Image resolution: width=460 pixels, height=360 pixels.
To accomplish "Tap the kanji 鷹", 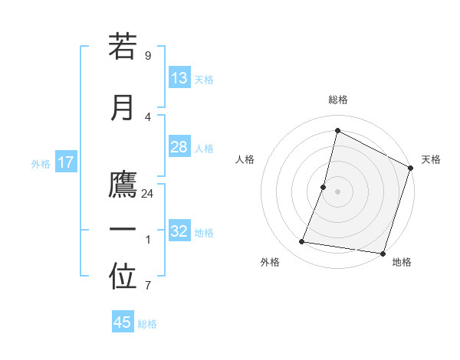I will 123,185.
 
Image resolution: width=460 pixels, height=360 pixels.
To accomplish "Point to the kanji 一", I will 123,230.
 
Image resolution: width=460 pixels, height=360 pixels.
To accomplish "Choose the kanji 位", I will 123,277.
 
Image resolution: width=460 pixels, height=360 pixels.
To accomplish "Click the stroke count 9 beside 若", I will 147,56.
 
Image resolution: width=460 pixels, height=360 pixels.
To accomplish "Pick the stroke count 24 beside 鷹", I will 147,194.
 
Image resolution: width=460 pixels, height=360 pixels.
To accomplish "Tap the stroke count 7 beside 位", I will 147,286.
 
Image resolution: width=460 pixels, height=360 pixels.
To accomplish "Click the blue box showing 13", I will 179,78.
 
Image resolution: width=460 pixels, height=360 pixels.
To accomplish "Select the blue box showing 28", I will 179,147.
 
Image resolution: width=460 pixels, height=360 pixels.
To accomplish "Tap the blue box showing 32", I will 179,231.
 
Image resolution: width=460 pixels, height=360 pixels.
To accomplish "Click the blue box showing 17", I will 65,162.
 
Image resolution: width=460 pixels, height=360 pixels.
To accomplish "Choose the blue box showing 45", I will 123,322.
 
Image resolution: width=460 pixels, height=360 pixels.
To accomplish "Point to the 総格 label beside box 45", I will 147,324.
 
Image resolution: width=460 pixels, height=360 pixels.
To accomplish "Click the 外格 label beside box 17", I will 41,163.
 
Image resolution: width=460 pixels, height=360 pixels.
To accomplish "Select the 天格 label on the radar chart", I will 431,159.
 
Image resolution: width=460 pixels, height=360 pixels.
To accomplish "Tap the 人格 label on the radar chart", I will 245,159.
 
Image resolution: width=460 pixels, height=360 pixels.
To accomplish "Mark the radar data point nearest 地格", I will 383,254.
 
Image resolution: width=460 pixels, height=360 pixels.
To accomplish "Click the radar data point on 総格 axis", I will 337,130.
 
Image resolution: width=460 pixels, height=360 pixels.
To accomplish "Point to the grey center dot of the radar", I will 337,191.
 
